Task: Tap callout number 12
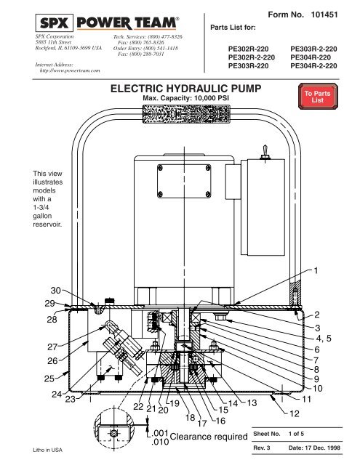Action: (294, 414)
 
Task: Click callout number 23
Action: (71, 399)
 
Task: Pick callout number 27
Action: (32, 347)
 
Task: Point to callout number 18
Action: (189, 418)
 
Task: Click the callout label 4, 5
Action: (325, 338)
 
